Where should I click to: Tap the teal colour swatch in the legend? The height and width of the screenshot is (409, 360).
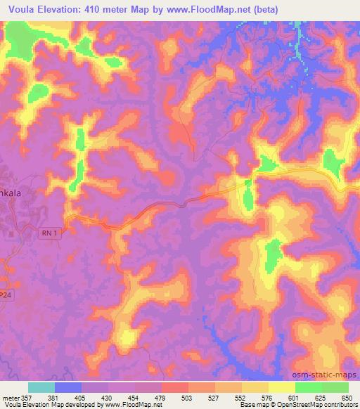pyautogui.click(x=41, y=387)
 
